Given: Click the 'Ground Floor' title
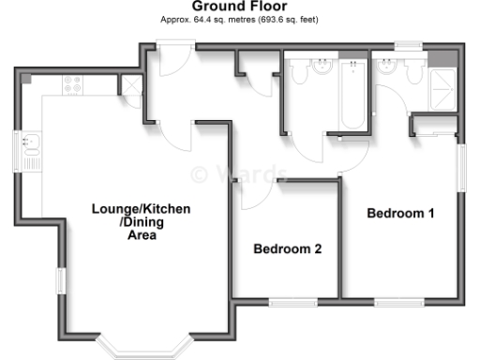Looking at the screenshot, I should (x=240, y=7).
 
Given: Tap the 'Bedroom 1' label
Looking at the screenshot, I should (x=400, y=214).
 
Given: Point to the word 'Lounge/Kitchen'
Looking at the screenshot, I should (x=141, y=208).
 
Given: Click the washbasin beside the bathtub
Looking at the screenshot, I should (x=322, y=67).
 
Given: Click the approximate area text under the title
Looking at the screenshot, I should (x=239, y=19).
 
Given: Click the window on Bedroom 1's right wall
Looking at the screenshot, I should (x=461, y=168).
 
